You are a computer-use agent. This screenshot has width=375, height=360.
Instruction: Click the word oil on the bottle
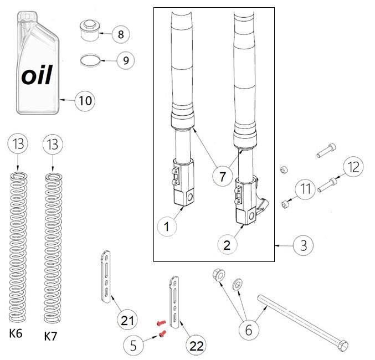(x=37, y=75)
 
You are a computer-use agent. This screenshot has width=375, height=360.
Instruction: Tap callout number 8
(x=121, y=34)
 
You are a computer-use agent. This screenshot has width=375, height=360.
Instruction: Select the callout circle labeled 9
(x=126, y=60)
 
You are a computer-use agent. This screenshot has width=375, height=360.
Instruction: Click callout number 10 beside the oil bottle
(x=85, y=101)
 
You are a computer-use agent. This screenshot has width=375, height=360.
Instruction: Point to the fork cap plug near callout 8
(x=89, y=31)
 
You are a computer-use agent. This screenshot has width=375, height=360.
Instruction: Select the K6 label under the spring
(x=16, y=335)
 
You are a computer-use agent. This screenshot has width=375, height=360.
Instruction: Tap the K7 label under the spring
(x=51, y=336)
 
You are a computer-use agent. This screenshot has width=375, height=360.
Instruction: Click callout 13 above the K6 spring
(x=17, y=145)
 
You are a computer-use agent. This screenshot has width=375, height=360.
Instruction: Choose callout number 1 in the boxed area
(x=166, y=226)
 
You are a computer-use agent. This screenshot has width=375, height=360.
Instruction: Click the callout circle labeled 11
(x=305, y=189)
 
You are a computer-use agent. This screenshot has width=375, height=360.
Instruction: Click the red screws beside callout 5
(x=161, y=328)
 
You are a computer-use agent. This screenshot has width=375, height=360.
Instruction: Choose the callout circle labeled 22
(x=196, y=347)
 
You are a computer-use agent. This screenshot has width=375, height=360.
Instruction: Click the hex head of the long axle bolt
(x=343, y=345)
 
